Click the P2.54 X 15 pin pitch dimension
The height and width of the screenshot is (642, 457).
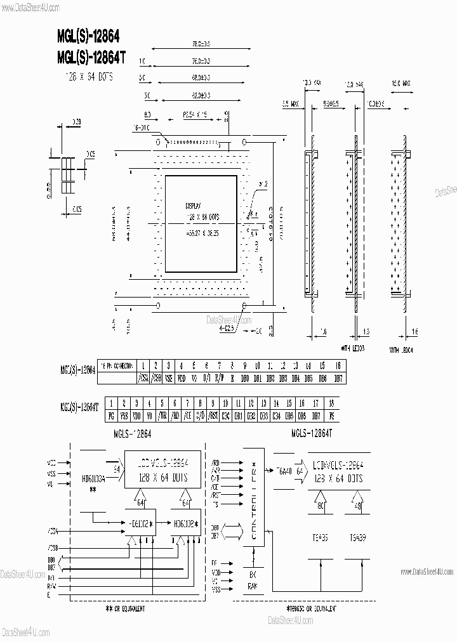click(195, 115)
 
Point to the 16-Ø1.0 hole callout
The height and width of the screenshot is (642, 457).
click(142, 128)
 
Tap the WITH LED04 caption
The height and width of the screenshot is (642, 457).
click(401, 350)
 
